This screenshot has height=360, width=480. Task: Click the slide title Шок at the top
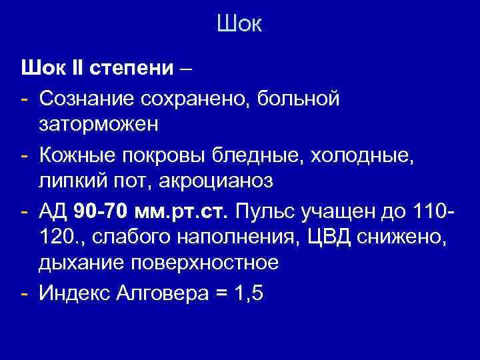click(239, 25)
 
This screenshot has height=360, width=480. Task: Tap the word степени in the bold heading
click(133, 69)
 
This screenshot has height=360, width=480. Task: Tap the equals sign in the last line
click(221, 293)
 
